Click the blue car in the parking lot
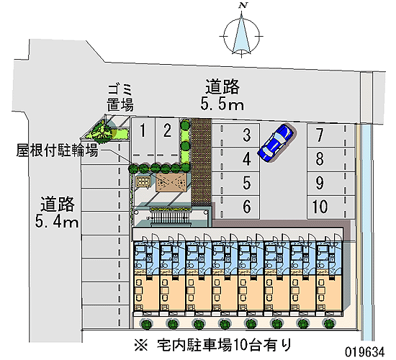click(276, 143)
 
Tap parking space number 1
click(143, 140)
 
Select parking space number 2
click(167, 140)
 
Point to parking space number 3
click(235, 135)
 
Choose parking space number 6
click(235, 207)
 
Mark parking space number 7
click(331, 135)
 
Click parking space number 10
click(331, 207)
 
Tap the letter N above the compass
click(243, 5)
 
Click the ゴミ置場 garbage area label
click(120, 98)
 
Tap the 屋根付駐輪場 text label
click(57, 150)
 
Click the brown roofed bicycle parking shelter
click(171, 182)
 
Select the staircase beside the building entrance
click(170, 217)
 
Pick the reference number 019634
click(365, 351)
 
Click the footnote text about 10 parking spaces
click(213, 345)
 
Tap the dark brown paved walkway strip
click(201, 162)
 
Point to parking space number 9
click(331, 183)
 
